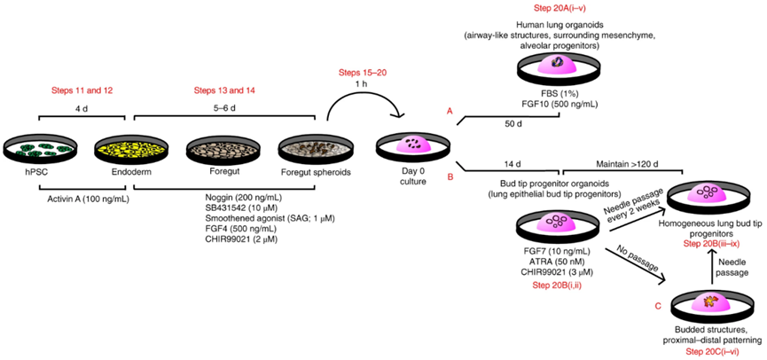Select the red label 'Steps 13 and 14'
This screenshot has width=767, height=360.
(223, 90)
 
